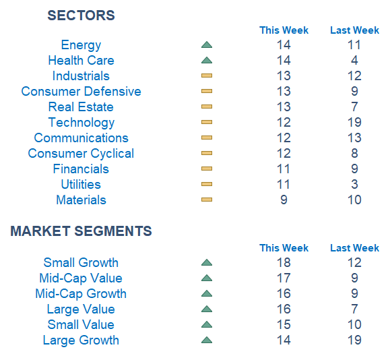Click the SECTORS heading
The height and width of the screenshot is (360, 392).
click(x=81, y=16)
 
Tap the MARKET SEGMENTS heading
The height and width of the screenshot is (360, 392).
click(x=81, y=231)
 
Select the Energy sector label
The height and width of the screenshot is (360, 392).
click(x=81, y=45)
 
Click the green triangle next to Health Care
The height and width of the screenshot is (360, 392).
click(x=207, y=60)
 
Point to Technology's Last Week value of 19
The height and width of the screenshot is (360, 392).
click(x=354, y=122)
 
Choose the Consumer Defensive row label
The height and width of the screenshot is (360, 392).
click(x=81, y=91)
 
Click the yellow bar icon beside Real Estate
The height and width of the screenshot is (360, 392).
click(x=207, y=107)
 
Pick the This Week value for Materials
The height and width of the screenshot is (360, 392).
click(x=284, y=200)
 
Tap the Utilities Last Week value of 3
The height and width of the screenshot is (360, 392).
click(x=354, y=184)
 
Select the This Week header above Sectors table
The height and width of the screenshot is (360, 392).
click(x=284, y=30)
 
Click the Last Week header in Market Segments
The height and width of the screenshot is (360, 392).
click(x=354, y=248)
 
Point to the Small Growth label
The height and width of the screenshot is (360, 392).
click(x=81, y=263)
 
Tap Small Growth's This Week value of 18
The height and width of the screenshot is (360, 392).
click(x=284, y=263)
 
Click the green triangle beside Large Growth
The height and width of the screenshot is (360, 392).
click(x=207, y=340)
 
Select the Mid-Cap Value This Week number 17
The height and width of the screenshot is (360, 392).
click(x=284, y=278)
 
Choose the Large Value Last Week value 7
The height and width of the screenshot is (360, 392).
click(x=354, y=309)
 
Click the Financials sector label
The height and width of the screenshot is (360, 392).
click(x=81, y=169)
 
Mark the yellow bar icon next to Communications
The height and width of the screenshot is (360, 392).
click(x=207, y=138)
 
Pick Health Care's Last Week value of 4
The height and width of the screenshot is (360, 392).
click(x=354, y=60)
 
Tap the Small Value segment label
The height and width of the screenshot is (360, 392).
click(x=81, y=325)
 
